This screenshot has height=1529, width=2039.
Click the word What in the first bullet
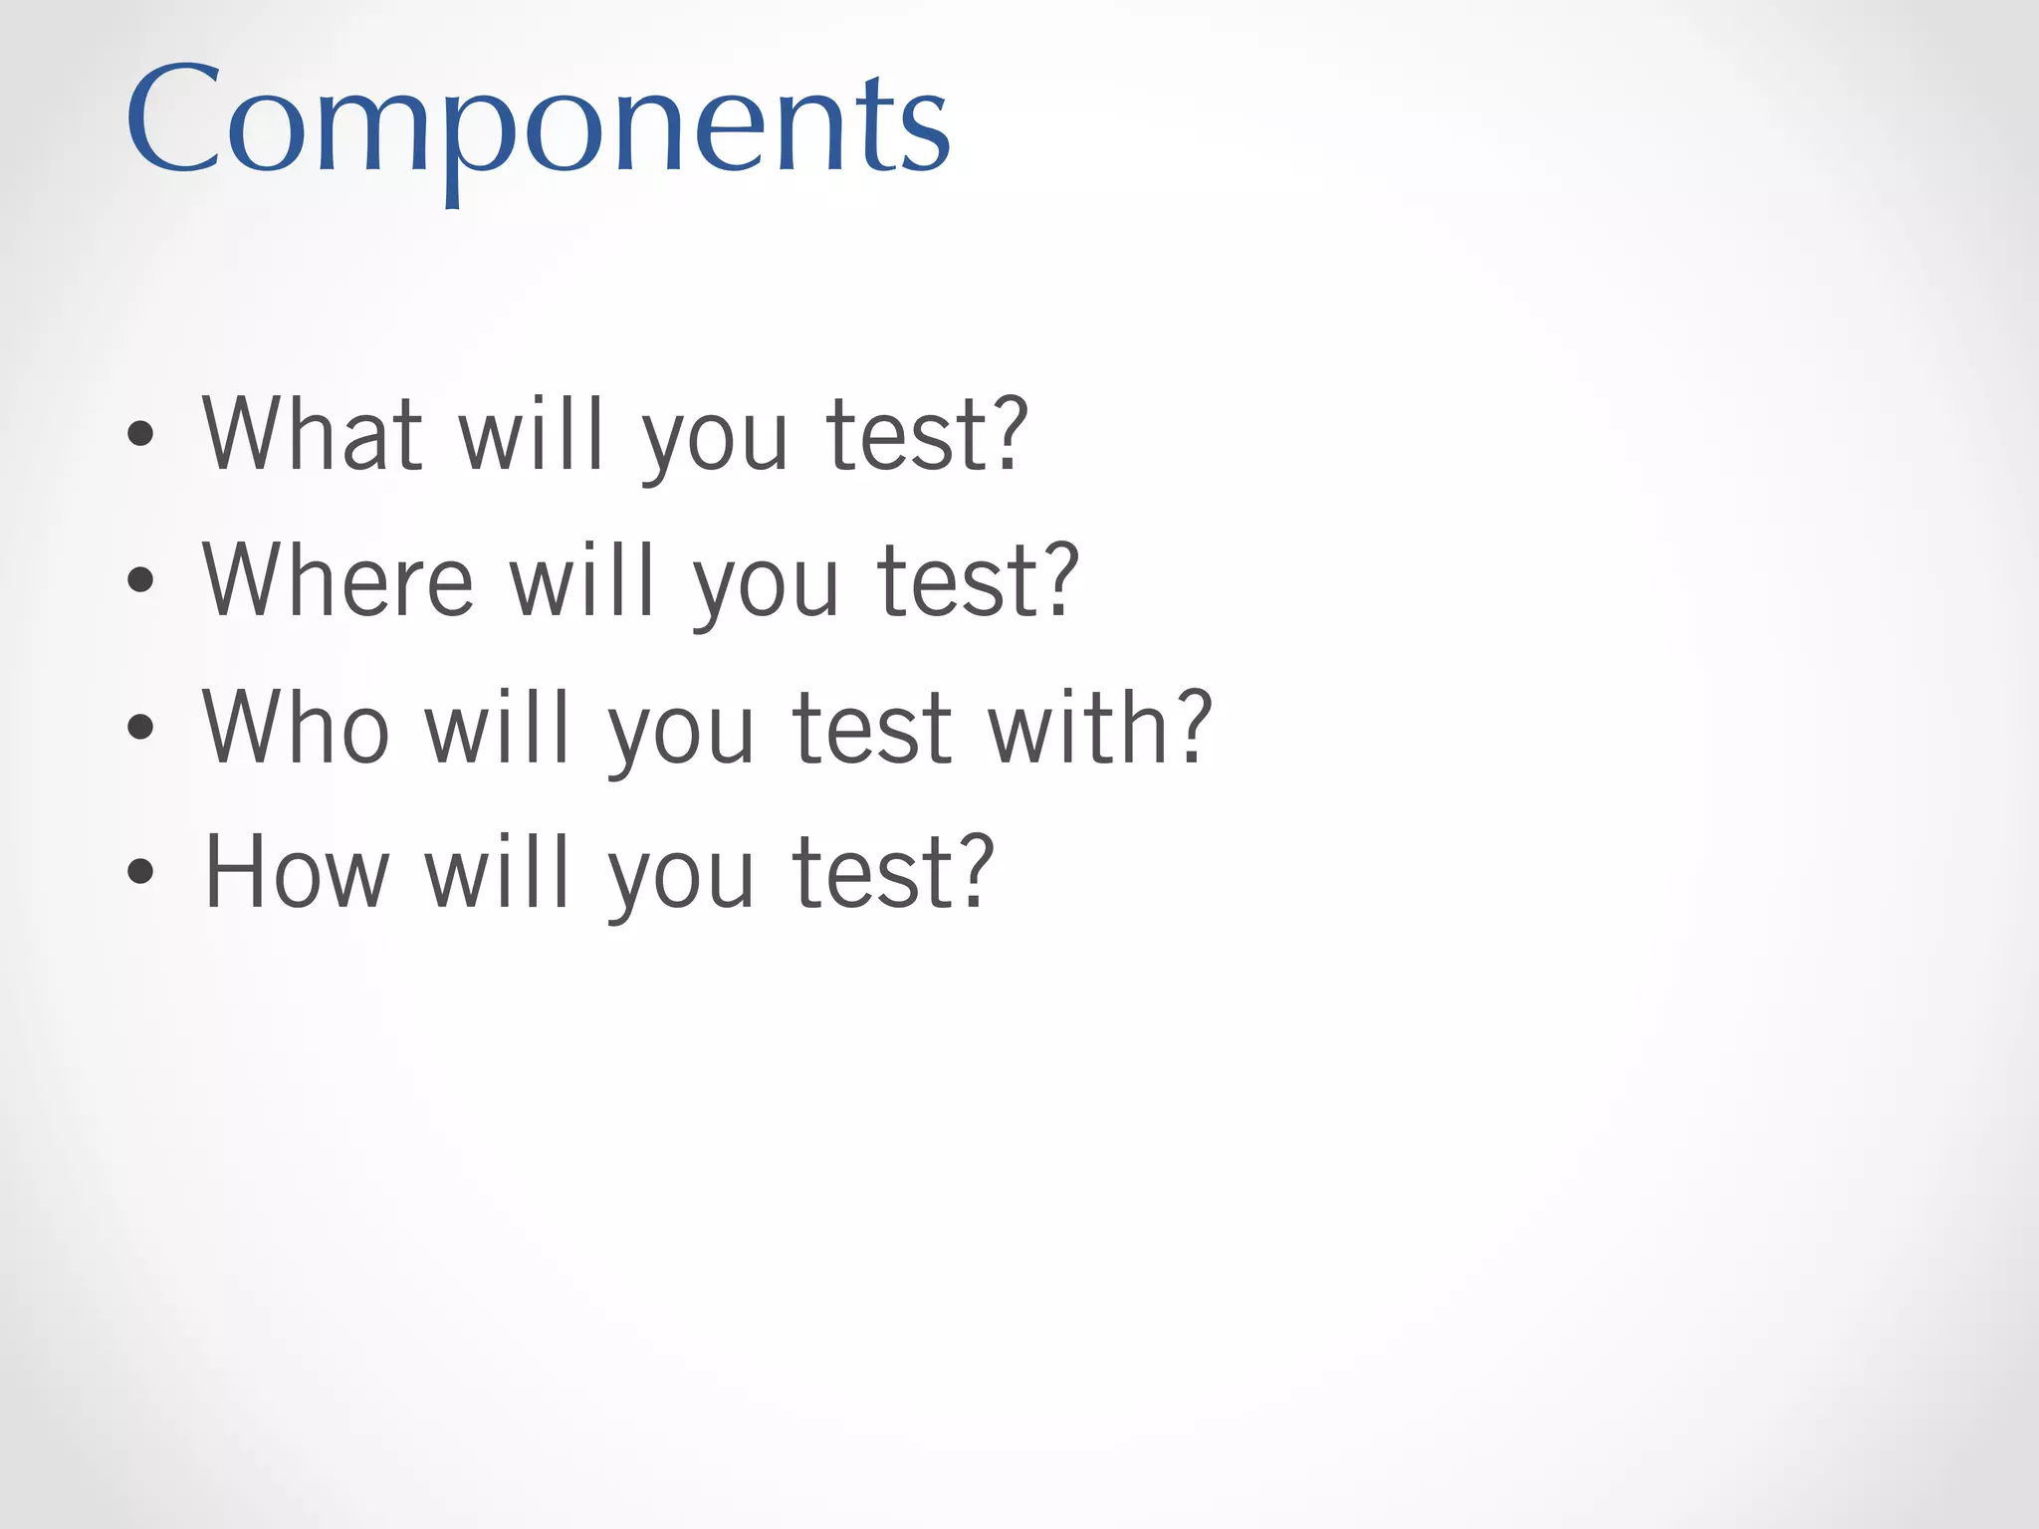pyautogui.click(x=313, y=434)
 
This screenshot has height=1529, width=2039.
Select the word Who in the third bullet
pyautogui.click(x=296, y=728)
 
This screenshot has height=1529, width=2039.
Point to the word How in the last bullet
pyautogui.click(x=296, y=873)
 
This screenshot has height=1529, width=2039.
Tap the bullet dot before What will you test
pyautogui.click(x=140, y=434)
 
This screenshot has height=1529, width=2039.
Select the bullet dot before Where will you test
pyautogui.click(x=140, y=580)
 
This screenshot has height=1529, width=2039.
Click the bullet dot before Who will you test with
pyautogui.click(x=140, y=728)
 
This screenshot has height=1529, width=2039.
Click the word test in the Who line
pyautogui.click(x=871, y=728)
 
